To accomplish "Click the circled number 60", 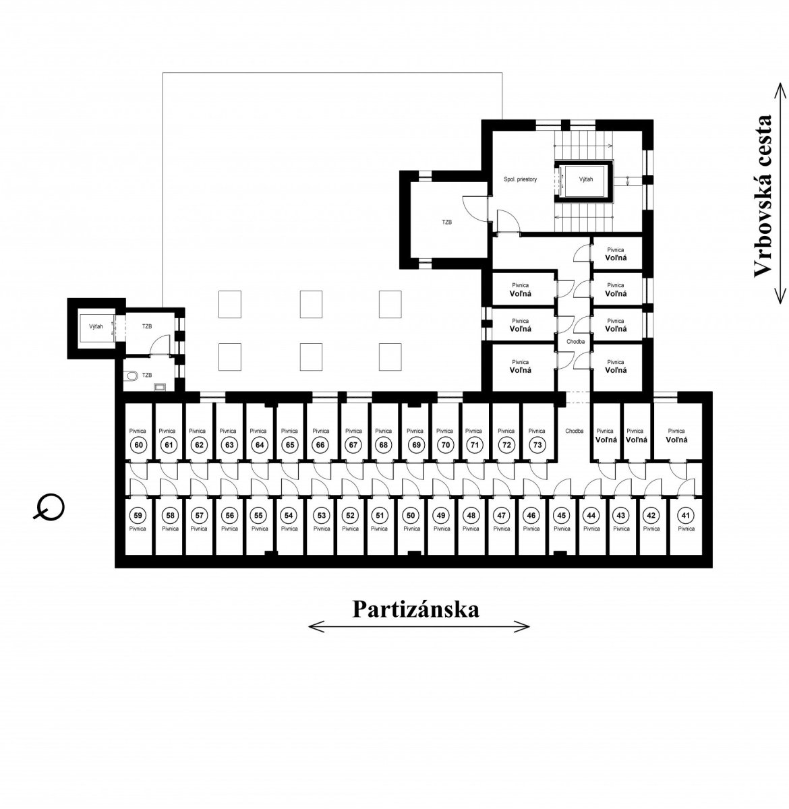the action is click(x=139, y=445).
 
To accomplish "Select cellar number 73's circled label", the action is click(x=537, y=445).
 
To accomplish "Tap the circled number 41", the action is click(x=685, y=516).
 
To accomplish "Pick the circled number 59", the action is click(x=138, y=516).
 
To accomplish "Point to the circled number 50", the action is click(x=411, y=516).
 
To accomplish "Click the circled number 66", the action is click(x=320, y=445).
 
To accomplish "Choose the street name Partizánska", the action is click(x=415, y=609).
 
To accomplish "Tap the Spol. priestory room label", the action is click(x=520, y=179).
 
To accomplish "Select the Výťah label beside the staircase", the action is click(x=585, y=179).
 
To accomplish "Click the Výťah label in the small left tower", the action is click(x=96, y=327).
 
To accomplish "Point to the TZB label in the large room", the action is click(x=447, y=222).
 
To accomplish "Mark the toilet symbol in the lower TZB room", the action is click(x=132, y=376).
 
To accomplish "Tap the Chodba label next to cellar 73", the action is click(x=574, y=431).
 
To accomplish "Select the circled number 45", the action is click(x=561, y=516).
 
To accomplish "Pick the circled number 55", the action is click(x=259, y=516).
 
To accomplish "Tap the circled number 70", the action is click(x=446, y=445).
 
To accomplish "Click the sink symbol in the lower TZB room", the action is click(x=160, y=387).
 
